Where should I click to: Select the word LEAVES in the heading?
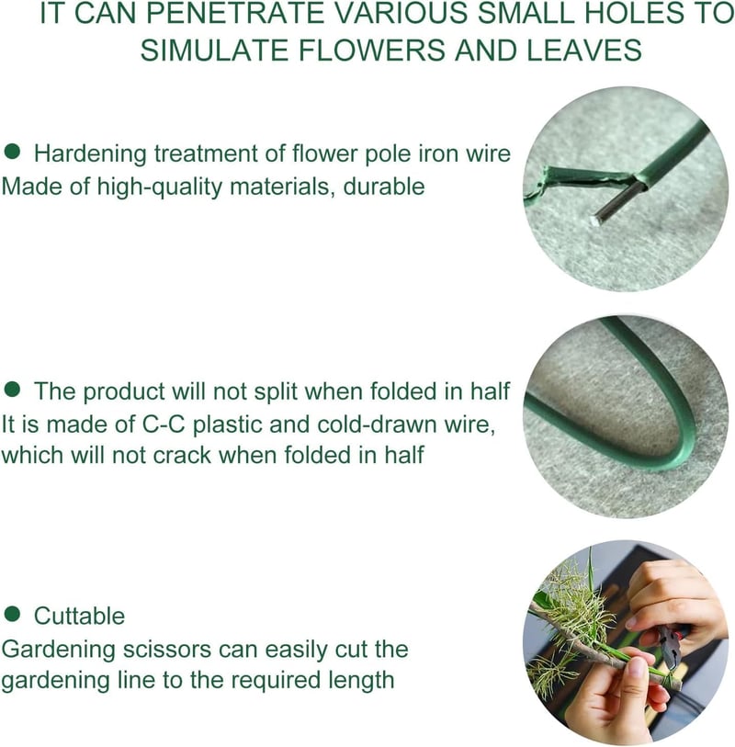(584, 50)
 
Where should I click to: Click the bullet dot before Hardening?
(12, 152)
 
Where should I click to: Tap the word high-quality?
(160, 187)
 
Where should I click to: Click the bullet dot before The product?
(12, 390)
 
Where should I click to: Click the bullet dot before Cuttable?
(12, 614)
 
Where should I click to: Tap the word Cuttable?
(79, 616)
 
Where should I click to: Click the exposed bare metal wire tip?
(596, 221)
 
